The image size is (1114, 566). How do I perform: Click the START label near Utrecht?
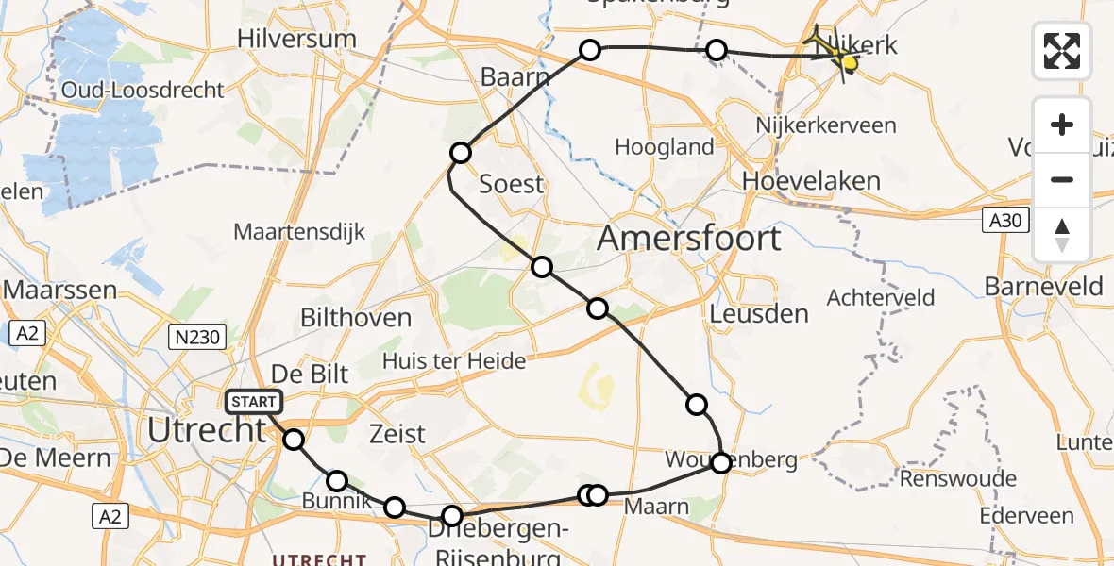254,403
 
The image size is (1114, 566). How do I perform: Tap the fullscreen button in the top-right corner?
1062,50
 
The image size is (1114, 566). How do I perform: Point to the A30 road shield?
1004,220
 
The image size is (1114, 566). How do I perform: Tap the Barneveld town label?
1043,287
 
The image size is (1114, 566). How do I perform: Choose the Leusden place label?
760,313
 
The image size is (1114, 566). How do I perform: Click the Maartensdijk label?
299,232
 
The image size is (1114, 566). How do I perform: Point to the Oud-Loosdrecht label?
143,91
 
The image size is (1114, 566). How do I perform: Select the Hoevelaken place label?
812,181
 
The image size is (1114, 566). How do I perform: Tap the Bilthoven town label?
356,318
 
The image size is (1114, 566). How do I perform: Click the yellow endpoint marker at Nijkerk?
848,63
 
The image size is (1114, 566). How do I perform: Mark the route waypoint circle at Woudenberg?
721,462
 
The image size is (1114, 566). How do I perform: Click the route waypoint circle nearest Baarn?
590,50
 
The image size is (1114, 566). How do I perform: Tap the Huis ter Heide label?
454,360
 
